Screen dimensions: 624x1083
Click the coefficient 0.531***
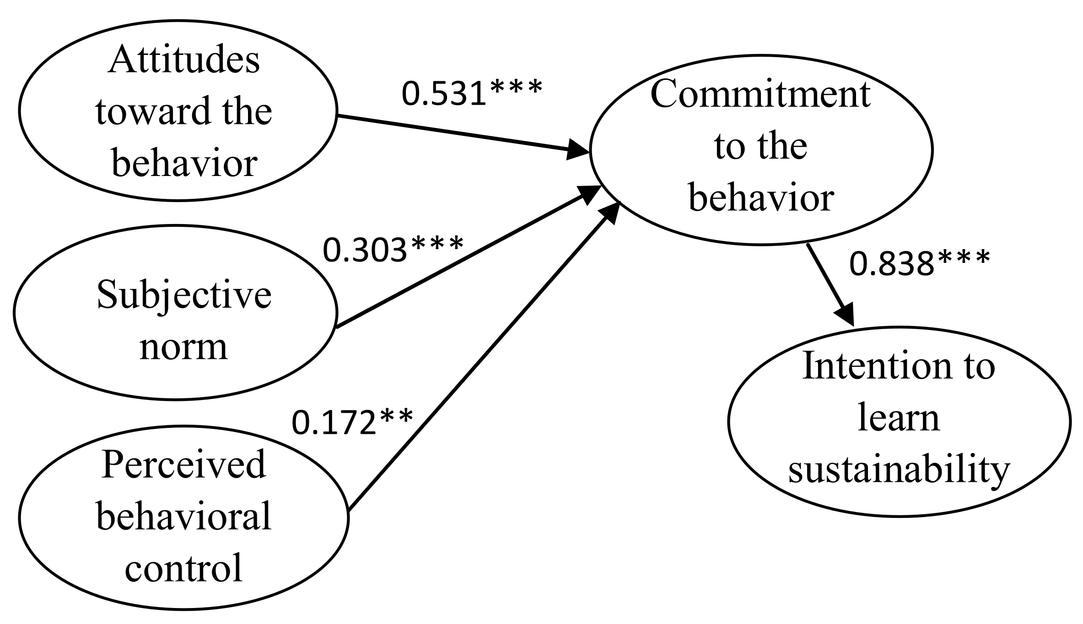pos(471,94)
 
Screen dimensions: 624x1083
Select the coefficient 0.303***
pos(393,250)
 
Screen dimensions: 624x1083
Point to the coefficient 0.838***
pos(919,264)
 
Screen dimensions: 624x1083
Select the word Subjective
pos(184,295)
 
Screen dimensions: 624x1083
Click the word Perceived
pos(183,464)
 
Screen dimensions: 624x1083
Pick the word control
pos(183,568)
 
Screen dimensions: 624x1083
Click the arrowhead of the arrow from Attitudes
pos(577,150)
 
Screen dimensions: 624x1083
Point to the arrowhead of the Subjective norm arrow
pos(587,195)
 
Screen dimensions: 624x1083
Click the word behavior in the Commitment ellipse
pos(761,198)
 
